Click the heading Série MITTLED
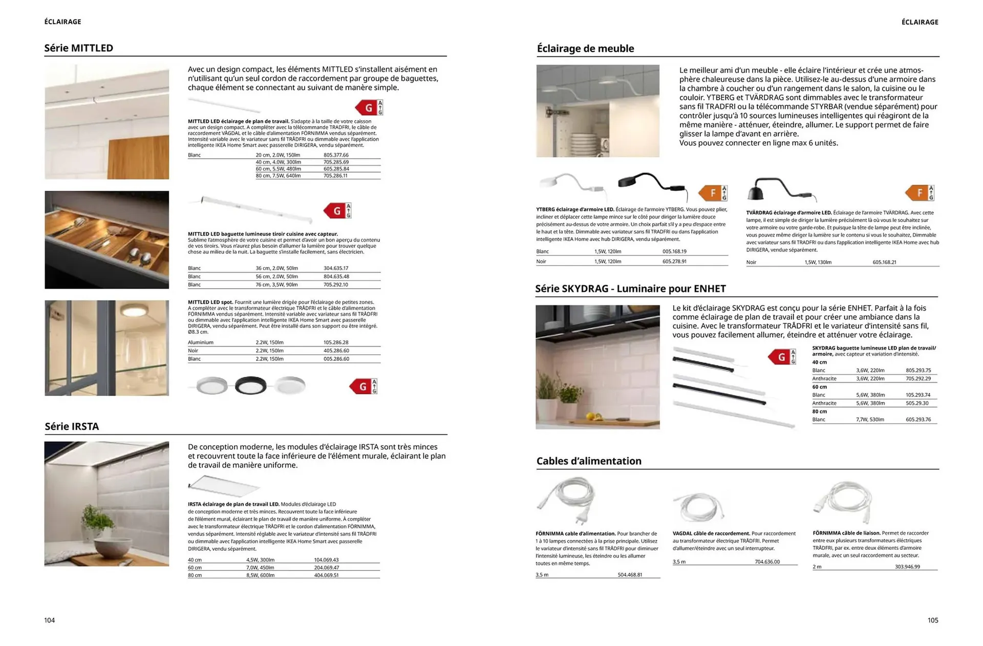click(x=78, y=48)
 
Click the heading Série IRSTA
click(x=72, y=426)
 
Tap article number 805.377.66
click(x=336, y=155)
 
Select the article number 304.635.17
click(x=336, y=268)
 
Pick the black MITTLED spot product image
click(x=250, y=385)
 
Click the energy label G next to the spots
click(x=363, y=386)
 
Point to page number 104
click(x=50, y=620)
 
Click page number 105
click(x=933, y=620)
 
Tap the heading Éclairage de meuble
click(x=585, y=49)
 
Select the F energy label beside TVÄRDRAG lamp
click(x=920, y=193)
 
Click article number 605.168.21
click(x=884, y=262)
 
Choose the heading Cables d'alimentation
click(x=589, y=461)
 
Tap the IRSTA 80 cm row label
click(x=195, y=575)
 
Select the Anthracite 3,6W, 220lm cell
click(x=870, y=379)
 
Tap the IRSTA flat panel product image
click(x=224, y=485)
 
